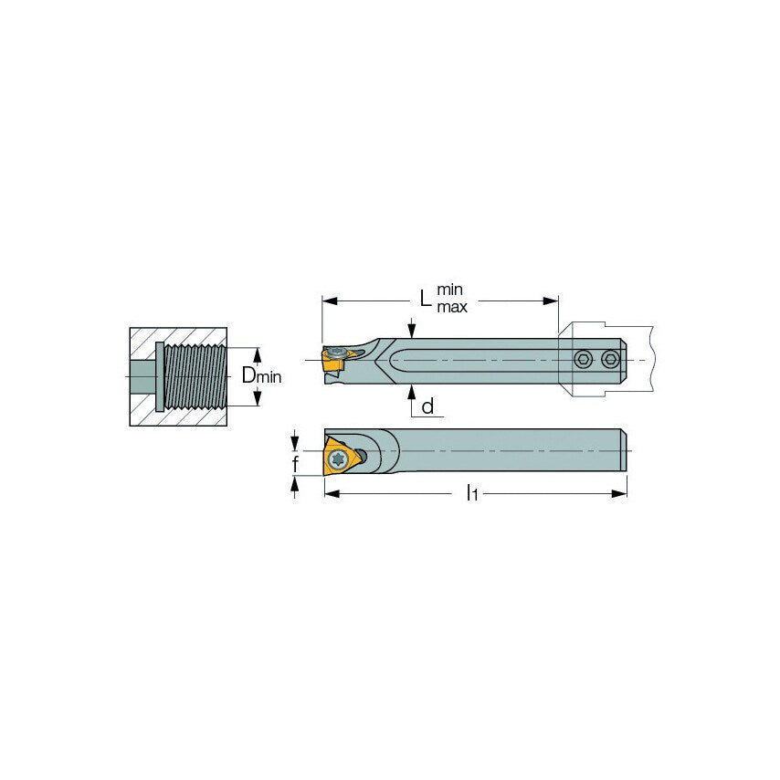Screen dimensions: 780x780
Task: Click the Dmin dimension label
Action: [x=261, y=375]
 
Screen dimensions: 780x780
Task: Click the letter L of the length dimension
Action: [x=425, y=299]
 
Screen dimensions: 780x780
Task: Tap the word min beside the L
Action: [x=449, y=290]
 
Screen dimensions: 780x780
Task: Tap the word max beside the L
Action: [x=452, y=308]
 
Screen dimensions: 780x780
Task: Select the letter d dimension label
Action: [x=427, y=406]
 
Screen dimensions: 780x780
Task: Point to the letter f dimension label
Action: [x=296, y=464]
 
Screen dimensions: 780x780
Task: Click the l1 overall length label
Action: [x=471, y=493]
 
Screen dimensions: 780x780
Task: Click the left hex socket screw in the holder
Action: [x=583, y=359]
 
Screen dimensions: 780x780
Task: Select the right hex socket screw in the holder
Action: [x=610, y=359]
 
